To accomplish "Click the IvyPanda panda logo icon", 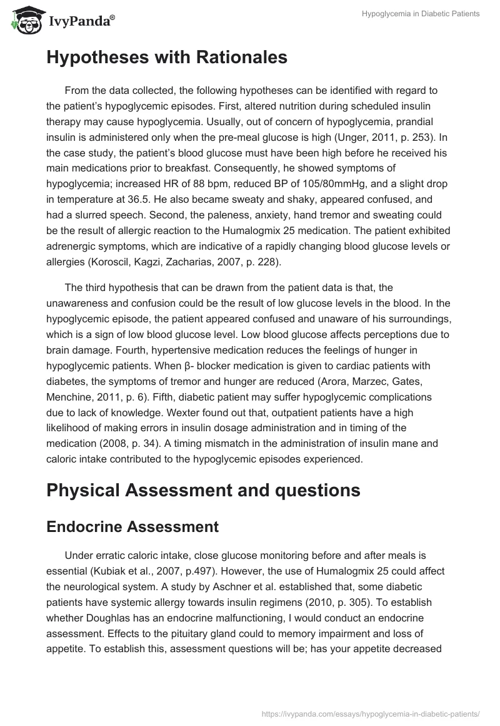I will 23,21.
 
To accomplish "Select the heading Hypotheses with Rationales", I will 167,58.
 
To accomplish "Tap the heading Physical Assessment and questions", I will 203,490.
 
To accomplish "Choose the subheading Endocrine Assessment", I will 132,527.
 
